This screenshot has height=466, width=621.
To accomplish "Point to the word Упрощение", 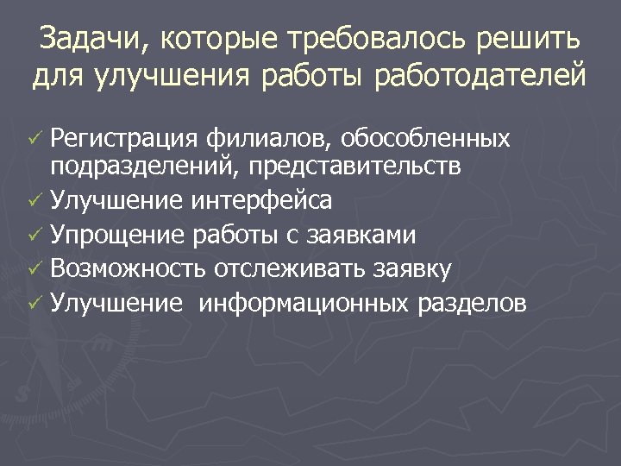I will (x=116, y=235).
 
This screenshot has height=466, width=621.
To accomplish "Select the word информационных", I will (x=305, y=304).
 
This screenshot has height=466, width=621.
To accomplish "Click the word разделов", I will (x=472, y=304).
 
